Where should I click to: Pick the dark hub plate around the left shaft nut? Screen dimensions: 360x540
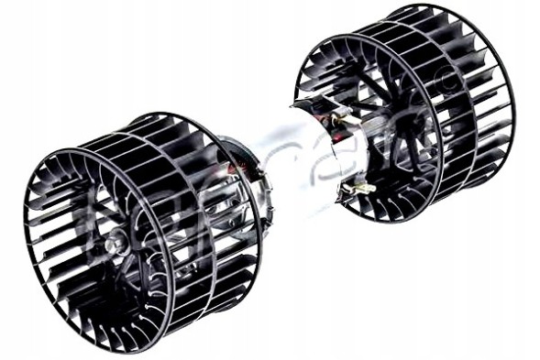124,256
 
